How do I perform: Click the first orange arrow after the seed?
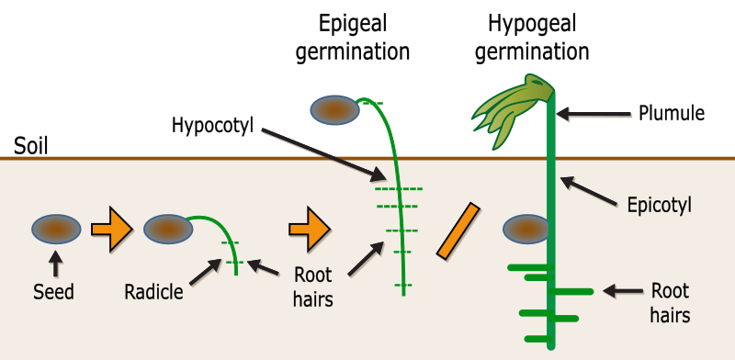(111, 228)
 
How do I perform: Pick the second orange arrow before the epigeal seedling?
(309, 228)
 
